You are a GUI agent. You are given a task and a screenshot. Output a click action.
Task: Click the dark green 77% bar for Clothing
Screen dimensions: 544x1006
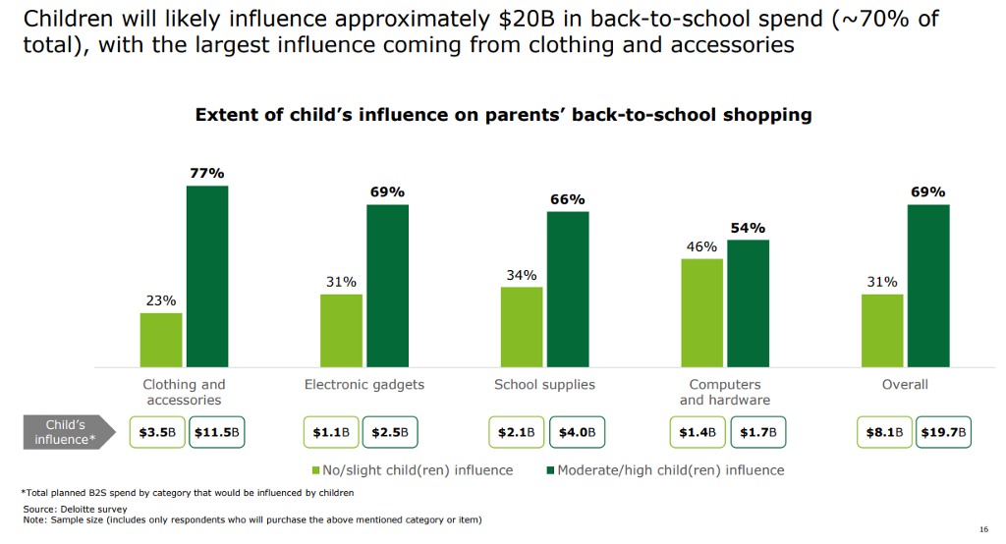click(x=207, y=276)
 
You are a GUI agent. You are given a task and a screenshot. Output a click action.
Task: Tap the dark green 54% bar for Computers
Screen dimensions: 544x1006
click(x=749, y=303)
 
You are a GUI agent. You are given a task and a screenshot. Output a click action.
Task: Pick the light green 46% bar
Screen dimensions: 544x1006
click(x=701, y=313)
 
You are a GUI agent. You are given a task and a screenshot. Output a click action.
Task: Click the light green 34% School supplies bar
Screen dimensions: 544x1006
click(x=521, y=327)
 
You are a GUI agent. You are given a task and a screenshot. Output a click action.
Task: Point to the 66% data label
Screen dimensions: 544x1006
click(x=568, y=199)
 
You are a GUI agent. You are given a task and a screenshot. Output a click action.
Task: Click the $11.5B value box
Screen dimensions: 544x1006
click(x=217, y=432)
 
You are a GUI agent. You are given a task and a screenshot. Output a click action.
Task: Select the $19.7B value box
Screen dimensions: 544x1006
click(x=943, y=432)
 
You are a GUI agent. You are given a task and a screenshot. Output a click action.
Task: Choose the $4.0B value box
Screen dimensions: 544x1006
click(x=577, y=432)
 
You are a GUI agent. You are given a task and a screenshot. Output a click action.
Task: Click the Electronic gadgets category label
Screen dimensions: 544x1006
click(x=364, y=385)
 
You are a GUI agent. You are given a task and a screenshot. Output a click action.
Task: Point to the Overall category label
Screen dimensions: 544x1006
click(x=905, y=385)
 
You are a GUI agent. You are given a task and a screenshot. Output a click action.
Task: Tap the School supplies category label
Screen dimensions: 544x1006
click(x=544, y=385)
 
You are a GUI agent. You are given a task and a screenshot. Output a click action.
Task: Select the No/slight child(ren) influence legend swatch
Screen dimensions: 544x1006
click(x=317, y=470)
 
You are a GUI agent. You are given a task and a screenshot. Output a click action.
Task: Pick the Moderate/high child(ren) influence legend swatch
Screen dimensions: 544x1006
click(x=548, y=470)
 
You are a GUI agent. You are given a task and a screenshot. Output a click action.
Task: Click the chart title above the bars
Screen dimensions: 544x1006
click(x=503, y=115)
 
